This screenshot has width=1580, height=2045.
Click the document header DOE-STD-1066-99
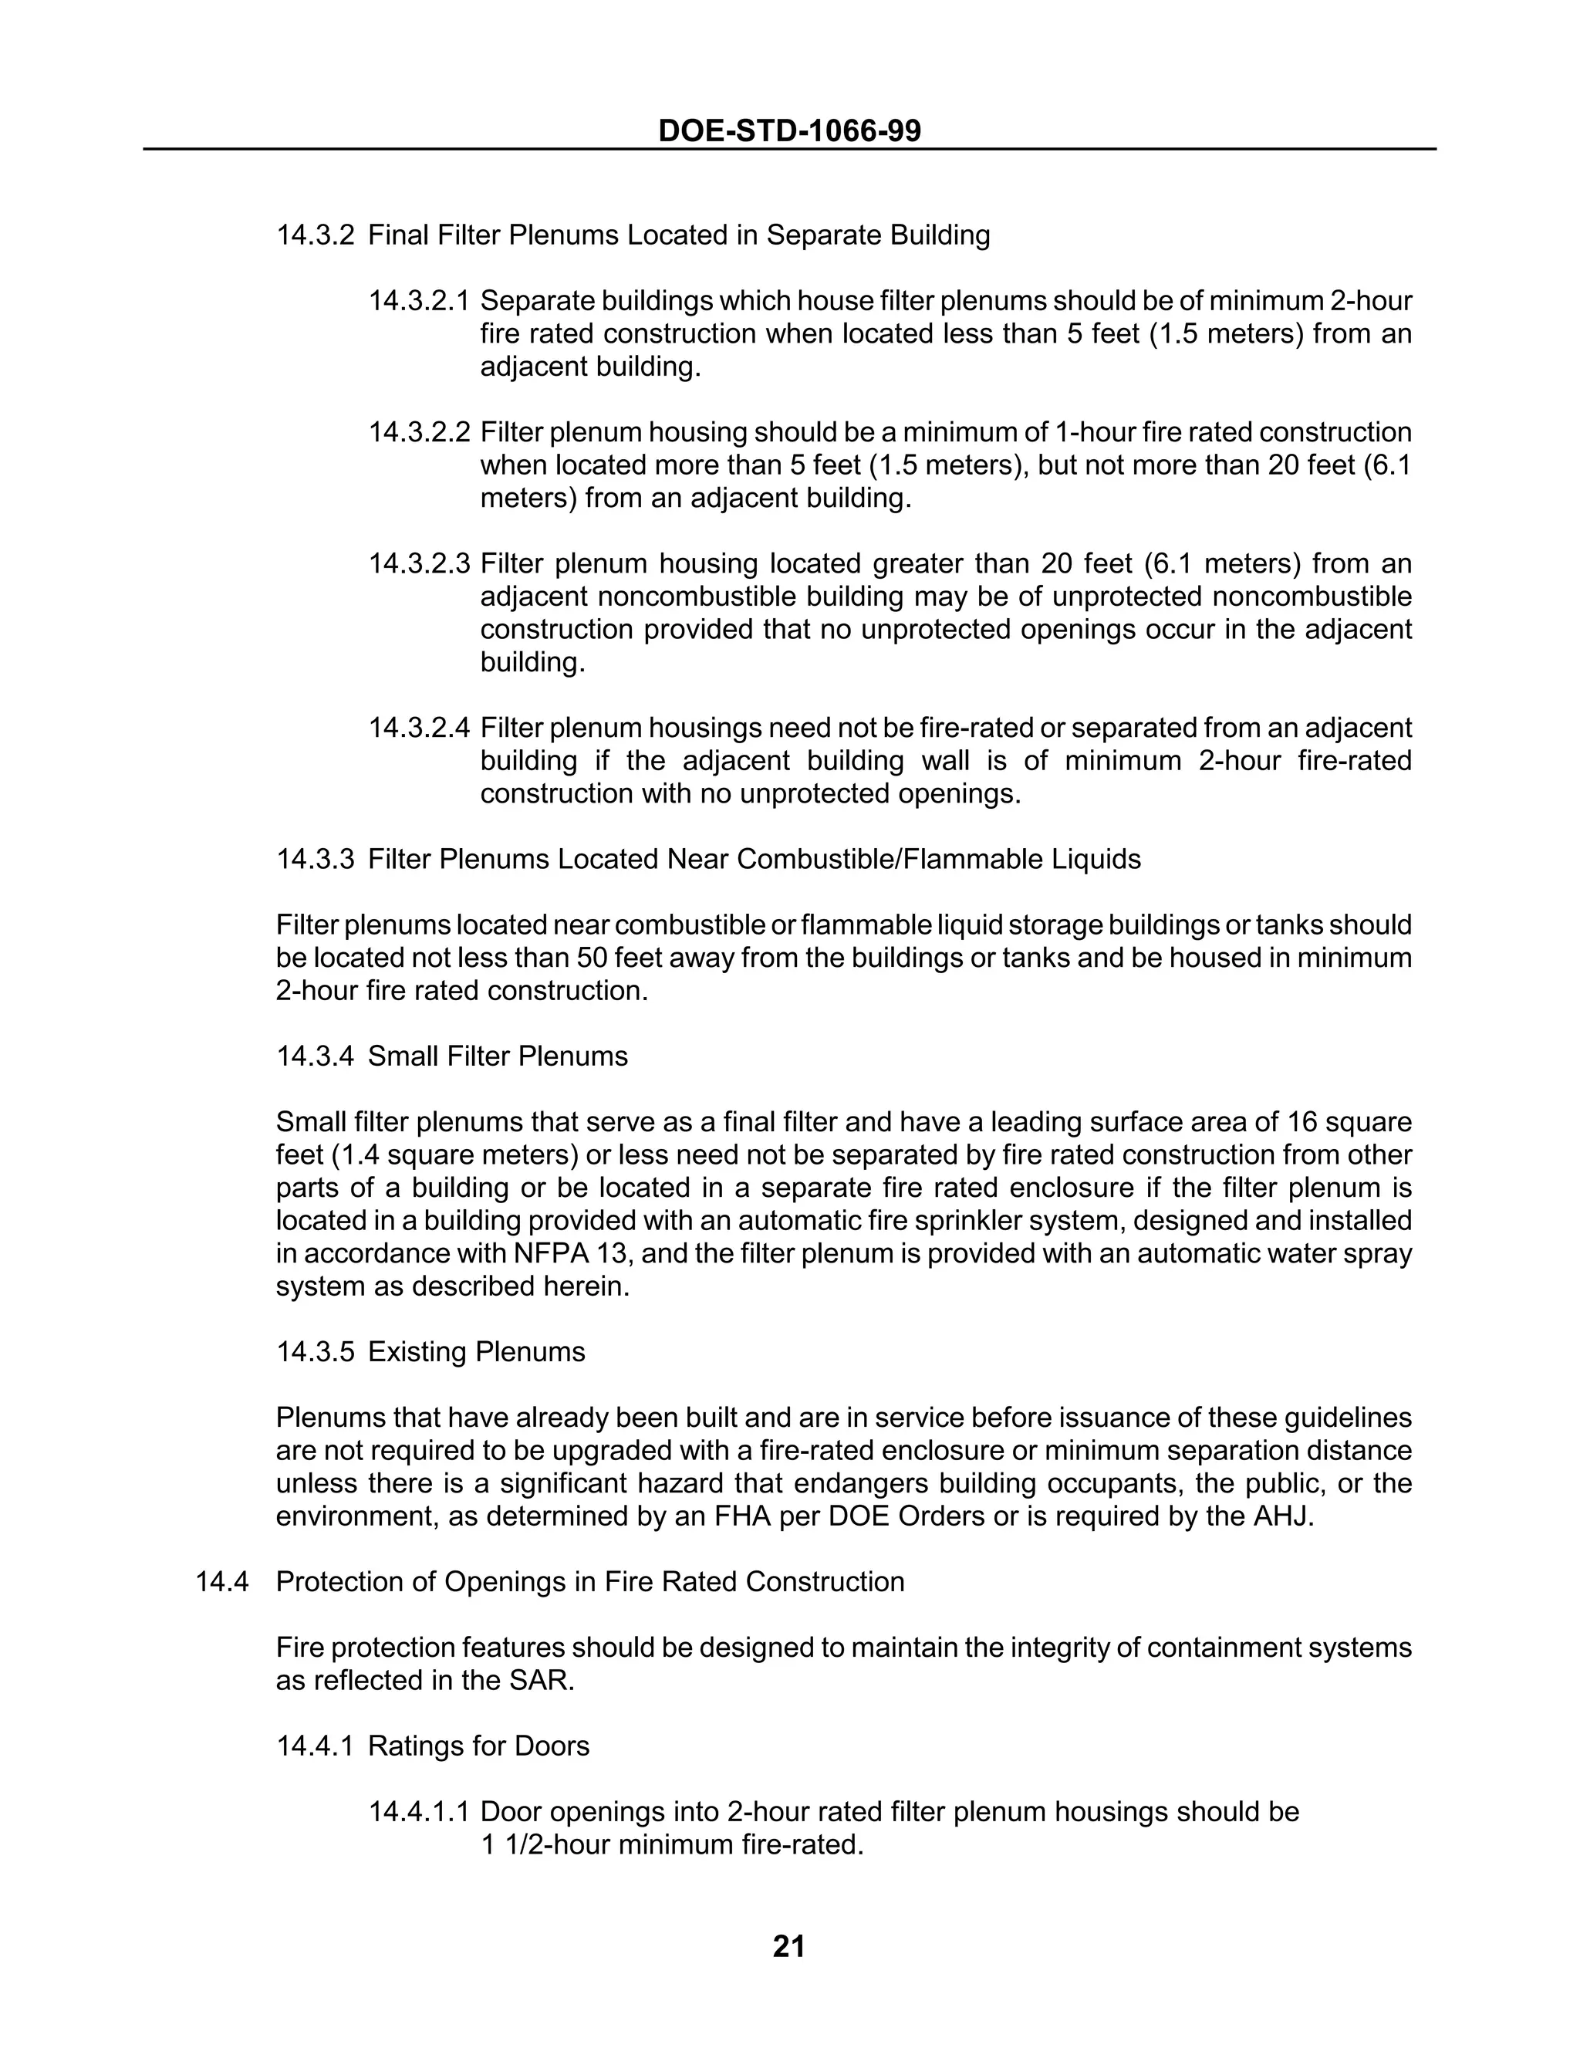(789, 130)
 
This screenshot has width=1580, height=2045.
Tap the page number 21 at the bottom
(789, 1947)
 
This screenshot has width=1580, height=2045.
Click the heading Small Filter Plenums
(497, 1056)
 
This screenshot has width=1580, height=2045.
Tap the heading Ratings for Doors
(478, 1746)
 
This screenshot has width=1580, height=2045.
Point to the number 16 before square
(1304, 1122)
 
